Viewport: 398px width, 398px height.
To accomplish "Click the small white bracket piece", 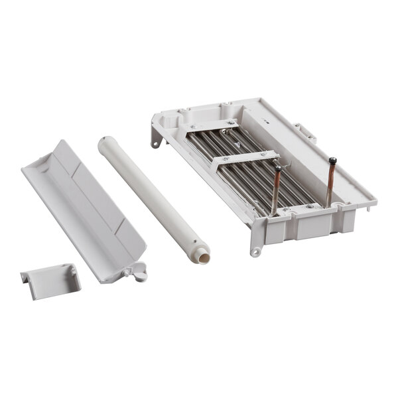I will [50, 281].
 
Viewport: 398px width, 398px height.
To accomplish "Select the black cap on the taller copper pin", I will [332, 161].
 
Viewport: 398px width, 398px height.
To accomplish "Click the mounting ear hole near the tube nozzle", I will [255, 252].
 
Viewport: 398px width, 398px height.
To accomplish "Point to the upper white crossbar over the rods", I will [212, 125].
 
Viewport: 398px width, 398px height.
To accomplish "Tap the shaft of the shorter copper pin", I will [275, 192].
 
